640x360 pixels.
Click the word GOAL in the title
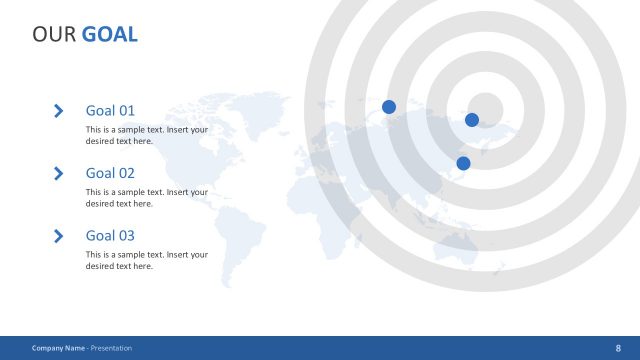[110, 35]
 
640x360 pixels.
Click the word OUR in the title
[54, 35]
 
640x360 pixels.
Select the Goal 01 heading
[110, 111]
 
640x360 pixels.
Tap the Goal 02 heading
[110, 173]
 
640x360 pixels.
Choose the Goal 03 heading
[110, 236]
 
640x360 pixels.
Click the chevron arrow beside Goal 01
[59, 111]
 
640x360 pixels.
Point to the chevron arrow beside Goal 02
[59, 173]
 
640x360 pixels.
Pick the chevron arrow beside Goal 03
[59, 236]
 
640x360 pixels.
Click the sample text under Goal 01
[147, 135]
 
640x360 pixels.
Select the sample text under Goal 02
[147, 197]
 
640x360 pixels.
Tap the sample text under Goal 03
[147, 260]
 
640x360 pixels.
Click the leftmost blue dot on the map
[389, 107]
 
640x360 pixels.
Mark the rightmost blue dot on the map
[472, 120]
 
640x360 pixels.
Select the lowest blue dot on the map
[463, 163]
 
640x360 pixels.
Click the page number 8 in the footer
[617, 348]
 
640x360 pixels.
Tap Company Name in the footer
[58, 348]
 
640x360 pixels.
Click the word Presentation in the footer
[111, 348]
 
